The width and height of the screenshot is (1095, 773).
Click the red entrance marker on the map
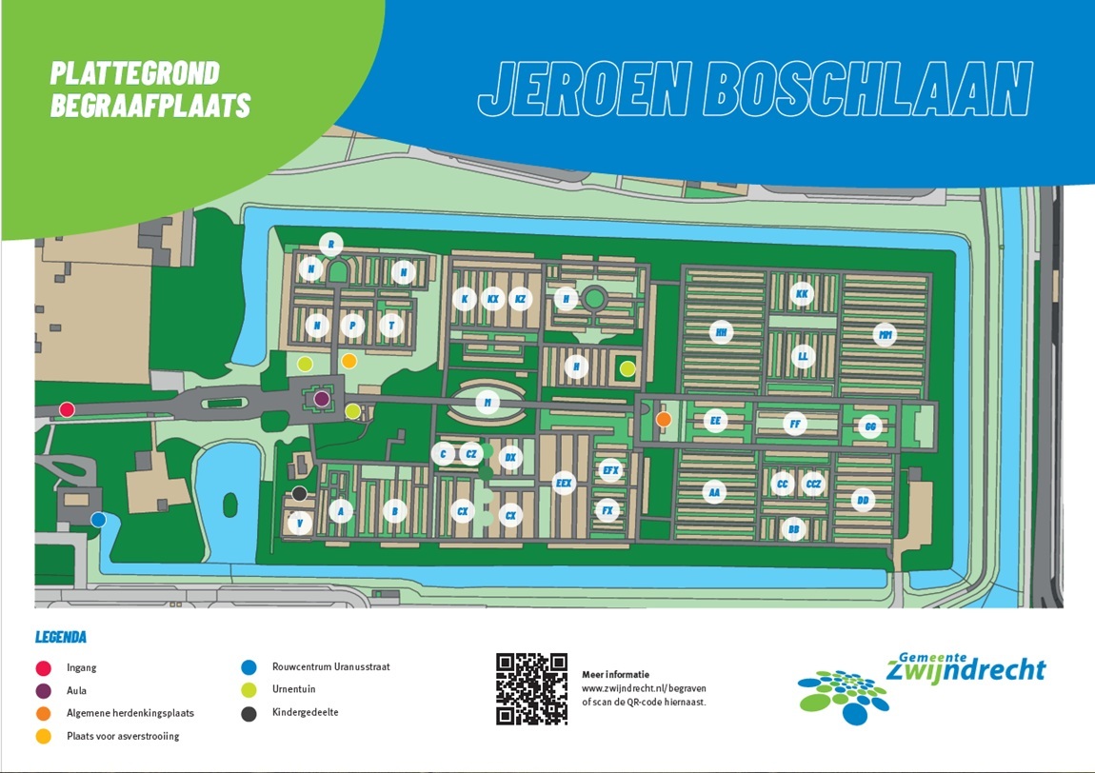click(x=67, y=409)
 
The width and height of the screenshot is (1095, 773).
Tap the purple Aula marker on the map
click(x=322, y=398)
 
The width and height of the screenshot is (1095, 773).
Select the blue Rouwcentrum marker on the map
click(x=98, y=519)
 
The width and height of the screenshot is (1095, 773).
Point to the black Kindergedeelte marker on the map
click(x=299, y=493)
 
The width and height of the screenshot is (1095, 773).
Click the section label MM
click(x=886, y=335)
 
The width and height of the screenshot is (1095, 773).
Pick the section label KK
click(x=802, y=295)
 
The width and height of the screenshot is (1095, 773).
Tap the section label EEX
click(x=565, y=484)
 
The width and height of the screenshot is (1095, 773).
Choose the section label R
click(x=330, y=244)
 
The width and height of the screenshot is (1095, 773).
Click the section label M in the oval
click(x=488, y=403)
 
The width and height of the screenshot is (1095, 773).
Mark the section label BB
click(x=792, y=527)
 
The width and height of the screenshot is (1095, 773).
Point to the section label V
click(x=300, y=523)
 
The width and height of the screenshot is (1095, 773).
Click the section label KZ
click(x=519, y=299)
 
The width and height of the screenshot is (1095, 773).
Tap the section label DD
click(x=864, y=500)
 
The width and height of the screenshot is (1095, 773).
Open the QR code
click(x=531, y=688)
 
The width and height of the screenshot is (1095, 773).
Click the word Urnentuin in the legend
click(x=293, y=689)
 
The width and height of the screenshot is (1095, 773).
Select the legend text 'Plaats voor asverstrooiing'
click(x=123, y=736)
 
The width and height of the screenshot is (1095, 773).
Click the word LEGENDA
click(x=61, y=637)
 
